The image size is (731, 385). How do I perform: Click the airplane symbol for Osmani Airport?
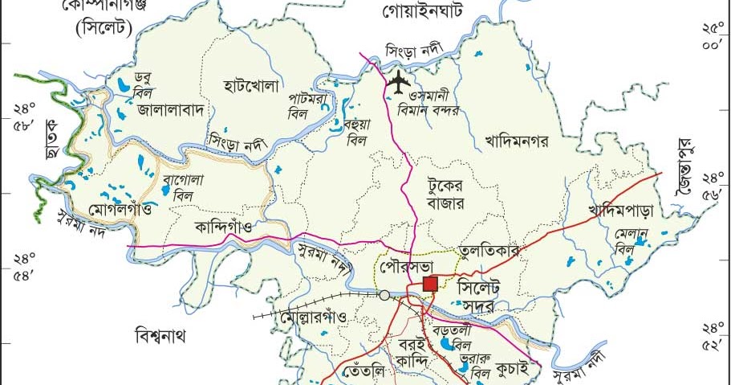click(x=398, y=80)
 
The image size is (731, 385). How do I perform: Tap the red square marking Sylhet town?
click(x=430, y=283)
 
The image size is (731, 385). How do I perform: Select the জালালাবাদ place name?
click(x=173, y=108)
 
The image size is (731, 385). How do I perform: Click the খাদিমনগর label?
click(x=516, y=141)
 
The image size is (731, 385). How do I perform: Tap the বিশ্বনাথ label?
click(x=160, y=334)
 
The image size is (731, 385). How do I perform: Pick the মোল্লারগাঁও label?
click(x=314, y=317)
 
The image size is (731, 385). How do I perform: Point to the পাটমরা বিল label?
click(x=308, y=106)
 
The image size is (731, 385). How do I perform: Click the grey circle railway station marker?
click(x=384, y=295)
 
